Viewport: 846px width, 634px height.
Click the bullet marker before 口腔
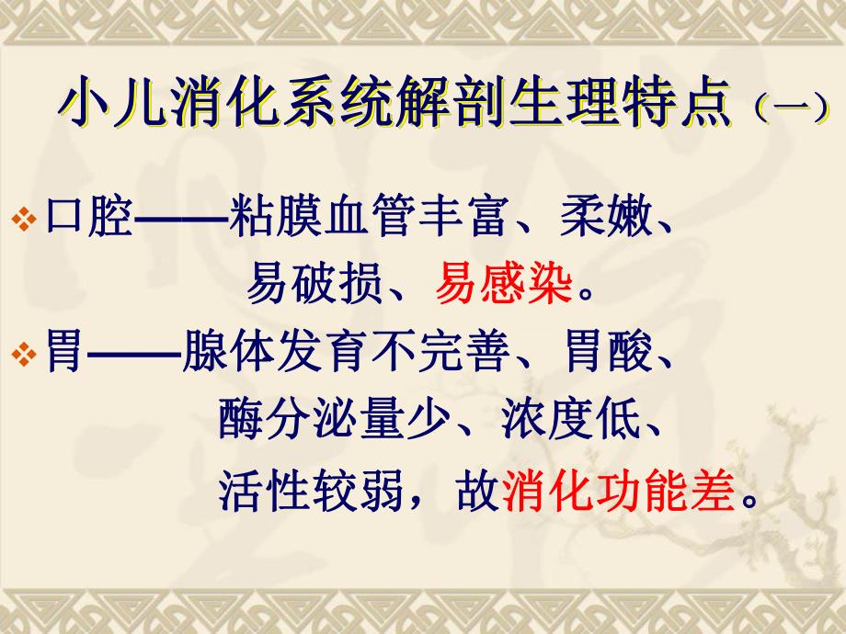point(27,222)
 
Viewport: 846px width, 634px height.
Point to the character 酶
point(241,424)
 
